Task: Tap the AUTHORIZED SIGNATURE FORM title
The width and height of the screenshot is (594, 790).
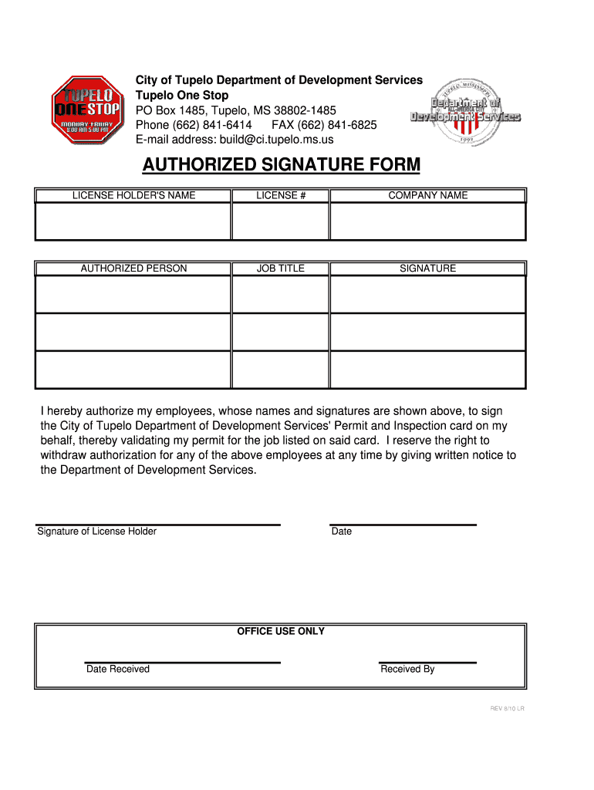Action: click(x=282, y=165)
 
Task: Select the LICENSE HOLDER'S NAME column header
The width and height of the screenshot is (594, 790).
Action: click(x=133, y=196)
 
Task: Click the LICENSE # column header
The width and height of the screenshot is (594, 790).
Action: click(x=281, y=196)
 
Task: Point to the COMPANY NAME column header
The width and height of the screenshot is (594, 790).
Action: click(x=427, y=196)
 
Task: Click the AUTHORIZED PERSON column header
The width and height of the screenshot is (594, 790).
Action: click(x=133, y=268)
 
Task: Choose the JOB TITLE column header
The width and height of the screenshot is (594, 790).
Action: click(x=281, y=268)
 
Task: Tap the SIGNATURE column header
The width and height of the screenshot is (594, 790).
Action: click(x=427, y=268)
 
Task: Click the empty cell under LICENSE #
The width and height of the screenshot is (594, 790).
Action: click(x=281, y=221)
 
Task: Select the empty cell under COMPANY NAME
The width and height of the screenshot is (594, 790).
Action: click(x=427, y=221)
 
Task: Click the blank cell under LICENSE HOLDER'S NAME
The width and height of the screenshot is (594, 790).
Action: click(x=133, y=221)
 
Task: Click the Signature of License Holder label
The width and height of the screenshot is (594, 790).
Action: click(x=97, y=532)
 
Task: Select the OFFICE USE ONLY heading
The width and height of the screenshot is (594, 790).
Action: click(x=281, y=632)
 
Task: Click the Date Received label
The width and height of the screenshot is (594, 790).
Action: click(x=118, y=669)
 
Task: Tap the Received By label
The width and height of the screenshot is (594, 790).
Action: click(x=407, y=669)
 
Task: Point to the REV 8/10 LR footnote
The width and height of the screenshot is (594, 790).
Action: click(x=508, y=709)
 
